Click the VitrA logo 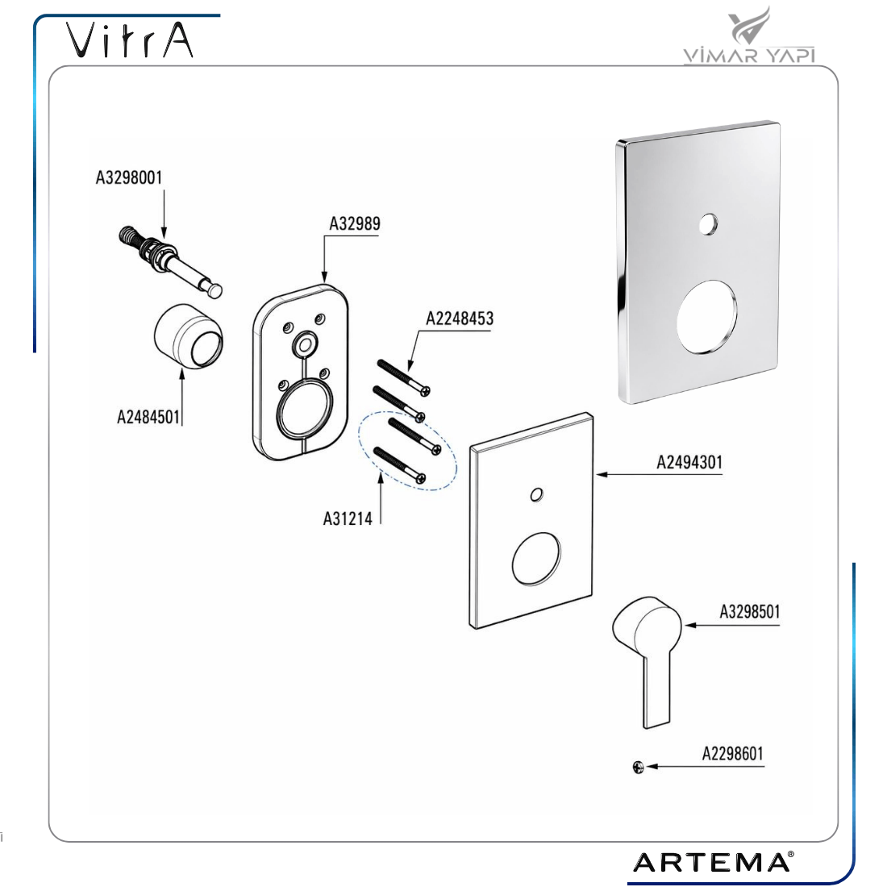click(x=130, y=40)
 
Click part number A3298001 click(x=129, y=177)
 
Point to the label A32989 click(x=355, y=223)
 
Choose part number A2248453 click(x=460, y=319)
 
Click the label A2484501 click(x=148, y=417)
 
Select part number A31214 click(x=348, y=518)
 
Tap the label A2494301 click(x=689, y=462)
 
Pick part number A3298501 click(x=750, y=611)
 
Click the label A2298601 click(x=732, y=753)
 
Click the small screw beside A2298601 click(x=638, y=767)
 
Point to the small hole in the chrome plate click(x=708, y=225)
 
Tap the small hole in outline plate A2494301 click(x=537, y=495)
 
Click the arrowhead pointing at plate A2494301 click(x=602, y=474)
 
